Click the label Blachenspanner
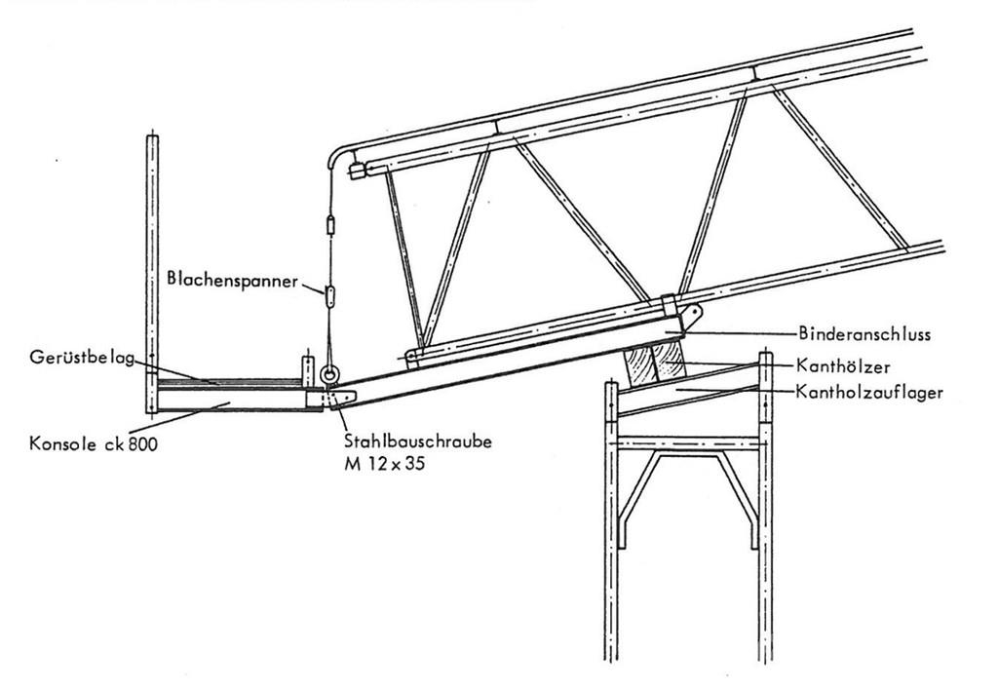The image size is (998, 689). click(x=232, y=280)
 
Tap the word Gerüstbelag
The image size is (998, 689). click(x=82, y=358)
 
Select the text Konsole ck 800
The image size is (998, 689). click(x=93, y=442)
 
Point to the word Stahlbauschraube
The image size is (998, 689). click(x=418, y=440)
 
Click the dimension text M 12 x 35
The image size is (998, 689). click(x=384, y=463)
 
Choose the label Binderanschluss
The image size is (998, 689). click(x=864, y=333)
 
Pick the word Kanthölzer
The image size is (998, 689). click(x=843, y=365)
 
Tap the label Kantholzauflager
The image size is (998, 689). click(x=869, y=392)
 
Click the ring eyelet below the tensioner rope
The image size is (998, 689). click(x=329, y=374)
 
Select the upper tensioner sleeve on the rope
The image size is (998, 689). click(x=330, y=225)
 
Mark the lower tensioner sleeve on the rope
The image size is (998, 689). click(x=329, y=297)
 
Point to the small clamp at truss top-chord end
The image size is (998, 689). click(x=357, y=171)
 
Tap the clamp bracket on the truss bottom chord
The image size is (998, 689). click(x=669, y=304)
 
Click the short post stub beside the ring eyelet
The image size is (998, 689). click(x=308, y=371)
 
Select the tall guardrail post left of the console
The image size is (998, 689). click(x=152, y=274)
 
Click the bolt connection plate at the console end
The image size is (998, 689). click(x=330, y=399)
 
